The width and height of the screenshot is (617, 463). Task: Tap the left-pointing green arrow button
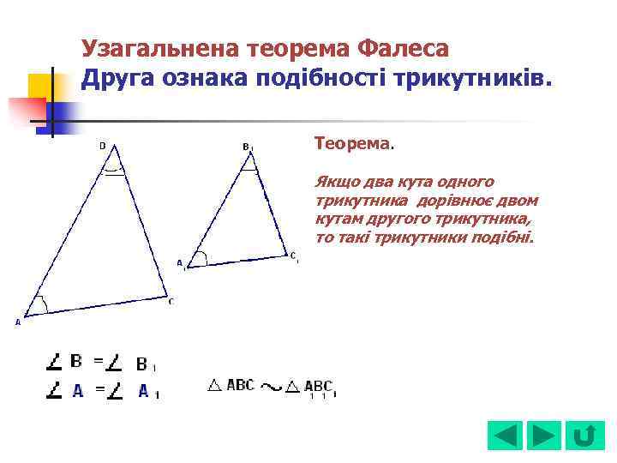click(x=504, y=436)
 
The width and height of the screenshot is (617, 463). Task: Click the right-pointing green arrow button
click(x=544, y=436)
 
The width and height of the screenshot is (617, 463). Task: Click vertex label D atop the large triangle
click(x=103, y=146)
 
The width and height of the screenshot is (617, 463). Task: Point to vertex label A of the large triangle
click(x=17, y=322)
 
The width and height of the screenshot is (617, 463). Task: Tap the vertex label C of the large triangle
click(x=171, y=301)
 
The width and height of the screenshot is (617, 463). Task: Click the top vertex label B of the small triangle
click(x=246, y=147)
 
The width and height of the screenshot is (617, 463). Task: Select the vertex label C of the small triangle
click(x=292, y=255)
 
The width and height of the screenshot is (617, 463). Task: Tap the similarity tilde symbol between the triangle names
click(x=270, y=388)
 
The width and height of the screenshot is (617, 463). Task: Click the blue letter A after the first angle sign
click(x=77, y=391)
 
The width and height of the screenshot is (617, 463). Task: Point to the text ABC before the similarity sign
click(x=240, y=386)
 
